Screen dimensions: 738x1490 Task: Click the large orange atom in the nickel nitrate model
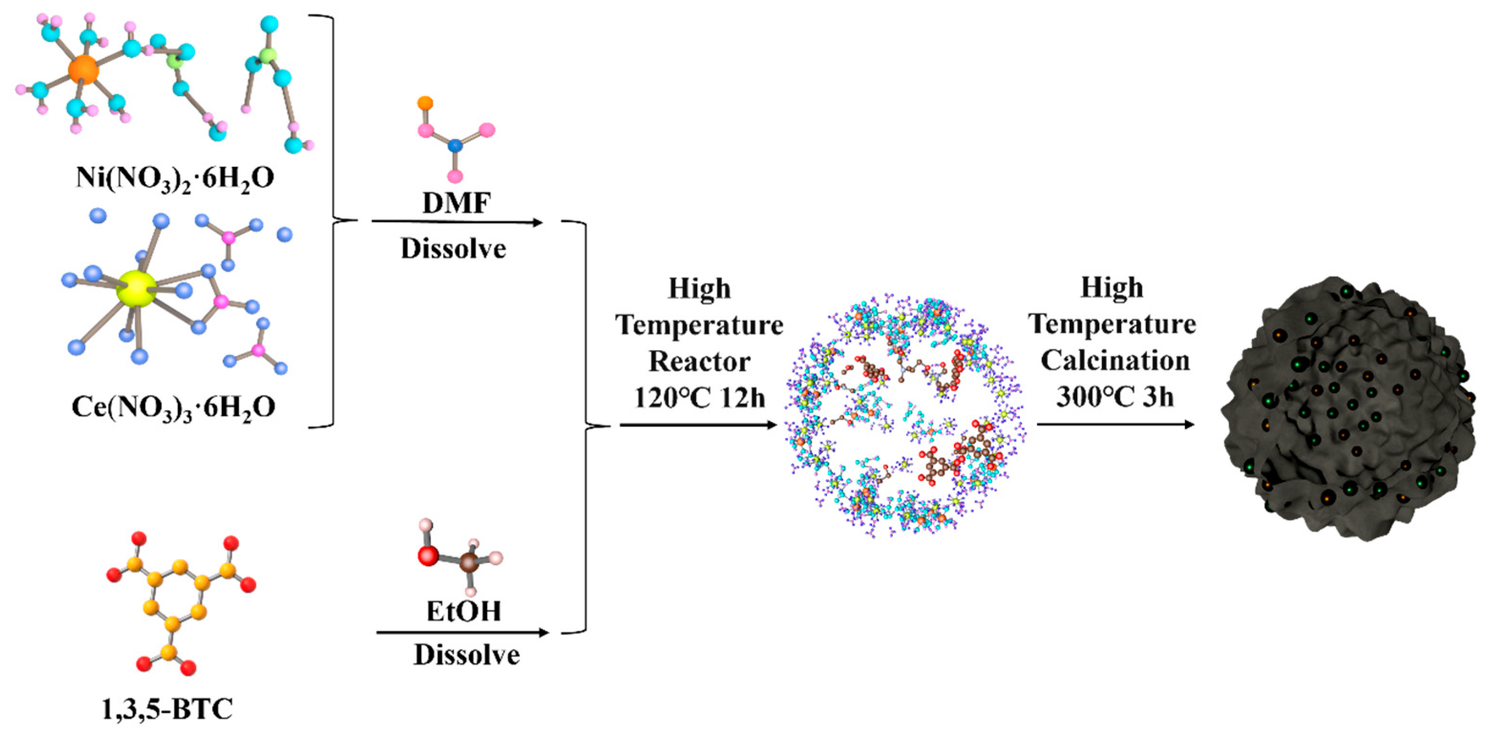pos(84,71)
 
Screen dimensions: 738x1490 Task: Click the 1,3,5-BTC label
pos(167,709)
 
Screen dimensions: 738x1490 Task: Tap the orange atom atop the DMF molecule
pos(425,103)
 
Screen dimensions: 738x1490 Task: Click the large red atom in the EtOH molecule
pos(428,556)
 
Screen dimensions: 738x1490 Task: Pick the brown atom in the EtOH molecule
pos(469,563)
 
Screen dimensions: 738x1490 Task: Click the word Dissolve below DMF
pos(453,248)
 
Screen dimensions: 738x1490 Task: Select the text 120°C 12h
pos(699,398)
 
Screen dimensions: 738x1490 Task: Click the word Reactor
pos(699,362)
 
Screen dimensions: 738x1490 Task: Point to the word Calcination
pos(1114,360)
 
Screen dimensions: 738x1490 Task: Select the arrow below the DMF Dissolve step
pos(457,222)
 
